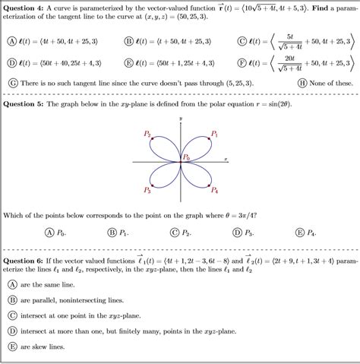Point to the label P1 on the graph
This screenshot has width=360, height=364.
(215, 135)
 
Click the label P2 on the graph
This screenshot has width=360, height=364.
(147, 135)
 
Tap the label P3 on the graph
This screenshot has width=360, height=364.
(147, 191)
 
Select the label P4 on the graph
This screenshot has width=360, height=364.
(215, 191)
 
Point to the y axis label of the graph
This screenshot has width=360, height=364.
(181, 119)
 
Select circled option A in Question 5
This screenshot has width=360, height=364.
(49, 233)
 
